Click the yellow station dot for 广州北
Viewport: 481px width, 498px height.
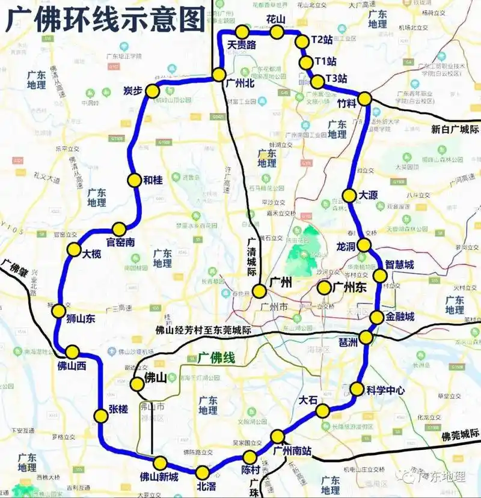(x=219, y=75)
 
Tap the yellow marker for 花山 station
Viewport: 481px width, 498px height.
(x=277, y=32)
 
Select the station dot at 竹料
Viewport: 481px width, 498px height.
(x=364, y=99)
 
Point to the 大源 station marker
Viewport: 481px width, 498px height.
(x=349, y=195)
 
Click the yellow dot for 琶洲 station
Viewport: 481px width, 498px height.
(x=366, y=337)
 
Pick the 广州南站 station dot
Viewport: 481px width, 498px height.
(x=277, y=436)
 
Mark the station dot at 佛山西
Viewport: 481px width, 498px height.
(x=73, y=352)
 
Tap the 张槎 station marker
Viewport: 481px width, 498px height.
(x=100, y=415)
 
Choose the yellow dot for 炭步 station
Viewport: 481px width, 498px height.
(x=152, y=91)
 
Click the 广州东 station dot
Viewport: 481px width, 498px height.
(x=325, y=287)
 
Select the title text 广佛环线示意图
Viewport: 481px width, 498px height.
(x=105, y=20)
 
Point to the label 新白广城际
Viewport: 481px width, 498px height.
(x=455, y=129)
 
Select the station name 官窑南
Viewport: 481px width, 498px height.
(x=120, y=242)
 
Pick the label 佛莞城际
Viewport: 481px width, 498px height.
(x=461, y=436)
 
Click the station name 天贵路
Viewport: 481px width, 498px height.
(x=242, y=45)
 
